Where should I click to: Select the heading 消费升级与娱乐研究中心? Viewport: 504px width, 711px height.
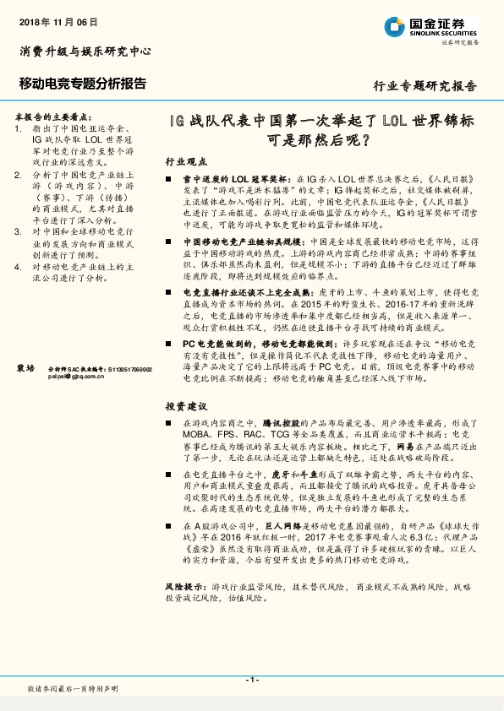85,52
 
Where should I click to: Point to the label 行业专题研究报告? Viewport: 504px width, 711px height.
425,86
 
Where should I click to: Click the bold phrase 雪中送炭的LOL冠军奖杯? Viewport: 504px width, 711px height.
238,180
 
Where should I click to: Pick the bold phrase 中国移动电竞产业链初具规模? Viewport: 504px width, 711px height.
242,241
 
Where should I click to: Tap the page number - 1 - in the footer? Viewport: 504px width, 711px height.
251,679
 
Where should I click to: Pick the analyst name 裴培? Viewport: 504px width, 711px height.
26,369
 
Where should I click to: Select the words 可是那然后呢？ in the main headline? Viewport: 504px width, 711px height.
318,139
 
